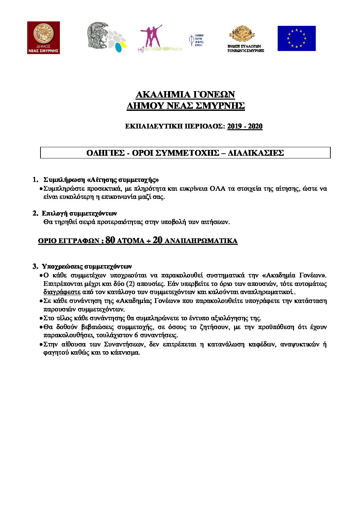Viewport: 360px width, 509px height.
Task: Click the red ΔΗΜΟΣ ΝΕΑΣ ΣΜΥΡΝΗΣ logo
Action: coord(44,37)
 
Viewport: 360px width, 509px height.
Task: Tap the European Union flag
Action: coord(296,38)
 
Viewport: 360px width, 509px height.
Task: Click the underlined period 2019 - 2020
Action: coord(245,126)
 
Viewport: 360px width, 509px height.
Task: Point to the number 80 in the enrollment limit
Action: coord(110,240)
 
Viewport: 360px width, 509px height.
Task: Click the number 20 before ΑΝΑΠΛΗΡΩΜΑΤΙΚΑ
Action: coord(158,240)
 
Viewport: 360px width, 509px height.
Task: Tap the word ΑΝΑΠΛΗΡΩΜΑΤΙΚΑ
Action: coord(201,241)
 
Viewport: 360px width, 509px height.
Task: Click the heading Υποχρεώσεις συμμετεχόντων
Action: coord(87,266)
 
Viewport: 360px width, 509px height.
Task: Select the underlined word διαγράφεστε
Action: coord(62,292)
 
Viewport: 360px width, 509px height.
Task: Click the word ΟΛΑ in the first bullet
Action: coord(217,188)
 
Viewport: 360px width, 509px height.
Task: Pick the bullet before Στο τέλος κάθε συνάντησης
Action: coord(41,318)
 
